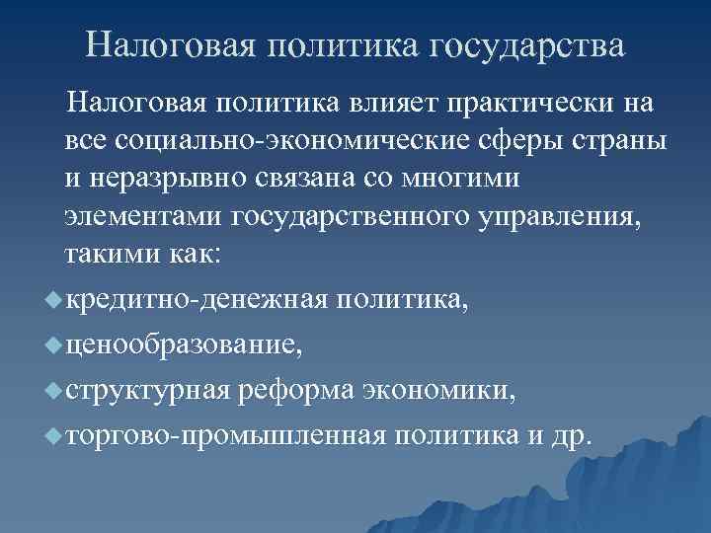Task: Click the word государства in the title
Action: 528,45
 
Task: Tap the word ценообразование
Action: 185,344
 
